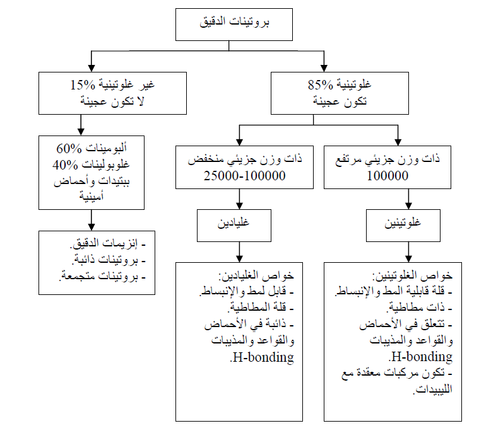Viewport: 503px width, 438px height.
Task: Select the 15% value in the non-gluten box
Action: click(x=83, y=84)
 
